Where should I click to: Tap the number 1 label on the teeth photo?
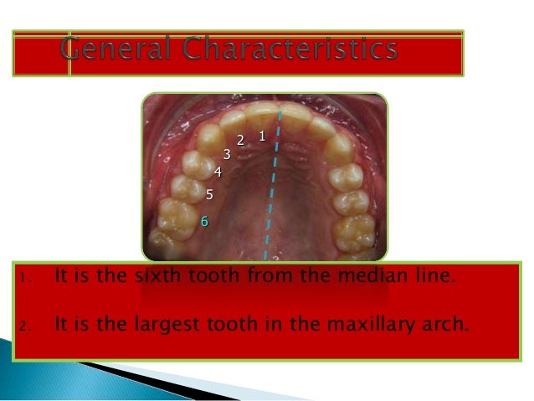262,135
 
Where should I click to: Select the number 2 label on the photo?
240,140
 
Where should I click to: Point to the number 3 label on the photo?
226,154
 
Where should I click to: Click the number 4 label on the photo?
218,172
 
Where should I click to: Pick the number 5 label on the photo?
209,195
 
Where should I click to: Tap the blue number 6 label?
203,221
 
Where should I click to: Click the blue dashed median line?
271,193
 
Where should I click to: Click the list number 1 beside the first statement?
27,278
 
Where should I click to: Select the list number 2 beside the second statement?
27,321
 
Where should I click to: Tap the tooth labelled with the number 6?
178,219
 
